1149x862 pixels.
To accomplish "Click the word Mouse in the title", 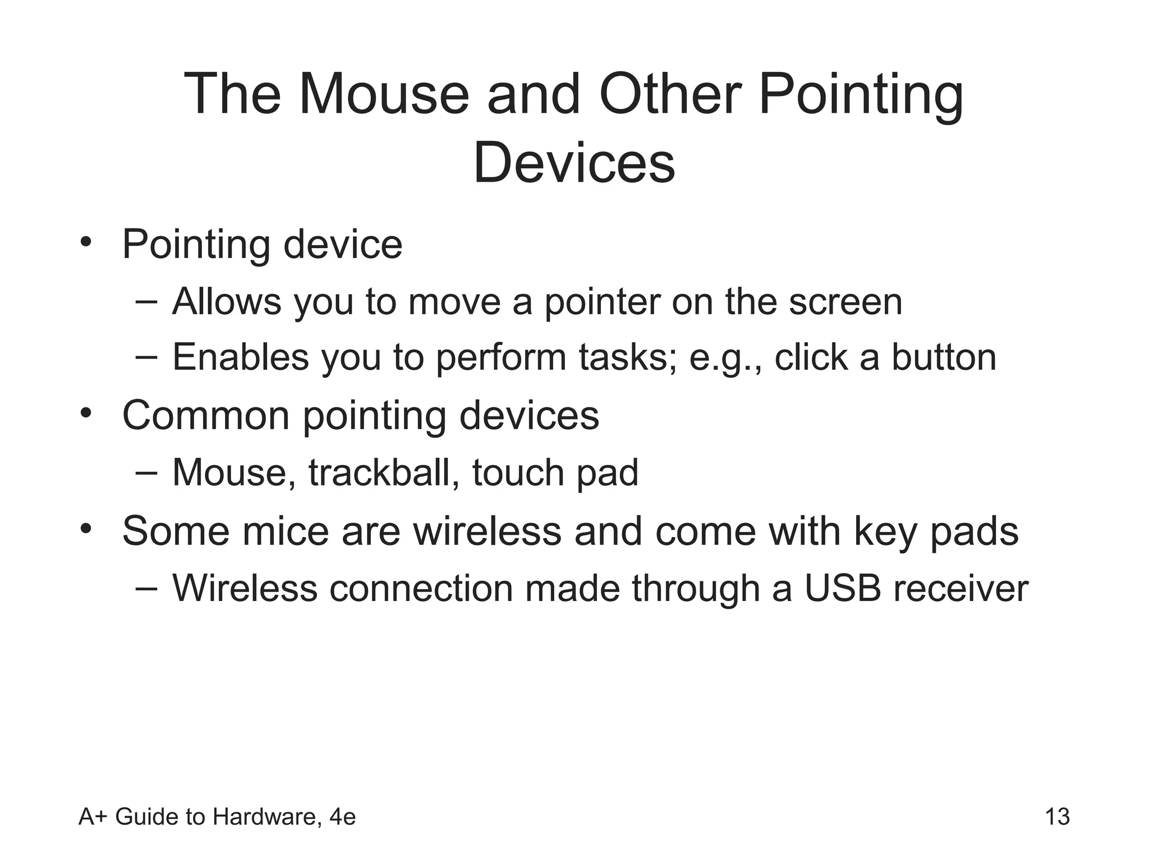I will (x=383, y=94).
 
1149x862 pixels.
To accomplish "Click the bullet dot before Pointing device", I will (x=85, y=242).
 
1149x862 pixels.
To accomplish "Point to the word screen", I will (x=845, y=301).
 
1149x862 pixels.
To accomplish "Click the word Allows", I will (x=226, y=301).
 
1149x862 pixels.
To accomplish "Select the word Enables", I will (x=240, y=357).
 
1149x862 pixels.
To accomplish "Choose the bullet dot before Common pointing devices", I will (x=85, y=414).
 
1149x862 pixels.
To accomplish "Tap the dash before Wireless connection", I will (x=146, y=588).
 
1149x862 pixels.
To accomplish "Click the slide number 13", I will (x=1057, y=817).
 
